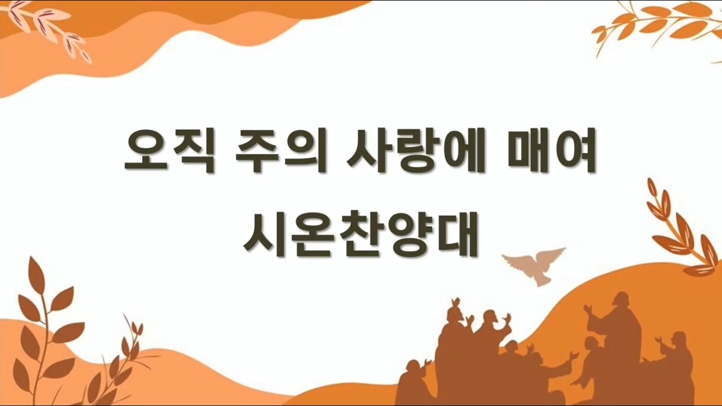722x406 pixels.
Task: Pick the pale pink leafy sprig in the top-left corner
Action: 49,28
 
